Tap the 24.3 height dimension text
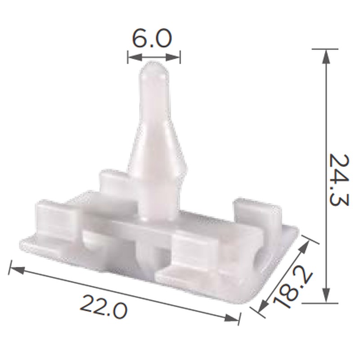click(339, 180)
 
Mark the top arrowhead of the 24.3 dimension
click(325, 57)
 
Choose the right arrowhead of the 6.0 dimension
click(173, 58)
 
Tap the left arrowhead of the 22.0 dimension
click(17, 270)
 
